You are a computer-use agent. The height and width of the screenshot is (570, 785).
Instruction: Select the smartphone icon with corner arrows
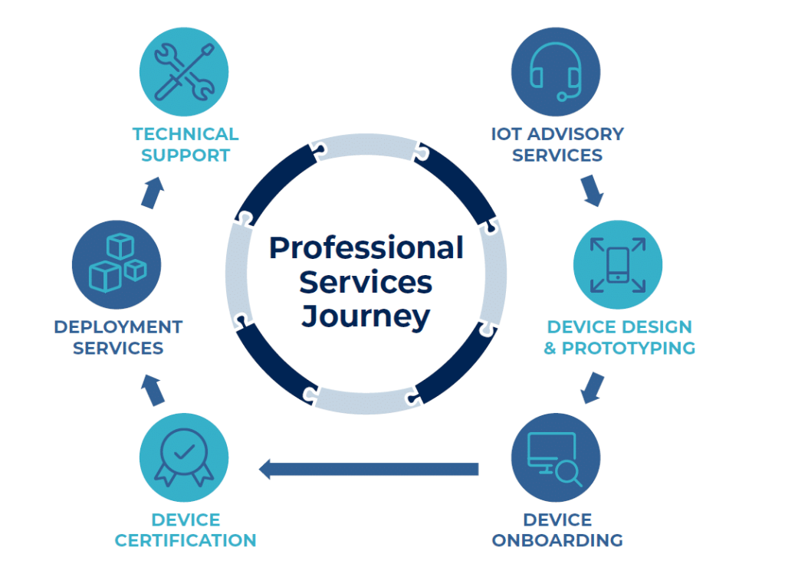coord(618,265)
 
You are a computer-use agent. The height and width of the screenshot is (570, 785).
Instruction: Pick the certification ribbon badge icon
coord(183,458)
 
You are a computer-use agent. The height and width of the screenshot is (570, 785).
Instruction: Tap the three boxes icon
coord(117,265)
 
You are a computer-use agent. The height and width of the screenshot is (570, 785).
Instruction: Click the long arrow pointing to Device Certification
coord(368,468)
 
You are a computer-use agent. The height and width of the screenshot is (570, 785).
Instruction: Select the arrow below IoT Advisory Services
coord(592,190)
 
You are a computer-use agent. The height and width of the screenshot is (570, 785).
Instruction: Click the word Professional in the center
coord(366,248)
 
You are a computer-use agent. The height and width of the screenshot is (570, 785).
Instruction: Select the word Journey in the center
coord(366,316)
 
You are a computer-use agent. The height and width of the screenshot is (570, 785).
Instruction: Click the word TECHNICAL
coord(186,134)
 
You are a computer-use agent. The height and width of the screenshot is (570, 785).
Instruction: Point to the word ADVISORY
coord(576,134)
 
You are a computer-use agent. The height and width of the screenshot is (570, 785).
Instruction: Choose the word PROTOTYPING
coord(629,348)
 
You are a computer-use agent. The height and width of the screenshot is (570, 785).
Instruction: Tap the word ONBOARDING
coord(557,540)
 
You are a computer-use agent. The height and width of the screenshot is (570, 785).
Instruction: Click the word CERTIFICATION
coord(186,540)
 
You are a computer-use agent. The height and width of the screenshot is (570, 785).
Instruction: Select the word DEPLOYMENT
coord(118,327)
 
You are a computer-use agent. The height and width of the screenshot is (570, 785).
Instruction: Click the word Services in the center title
coord(366,282)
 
